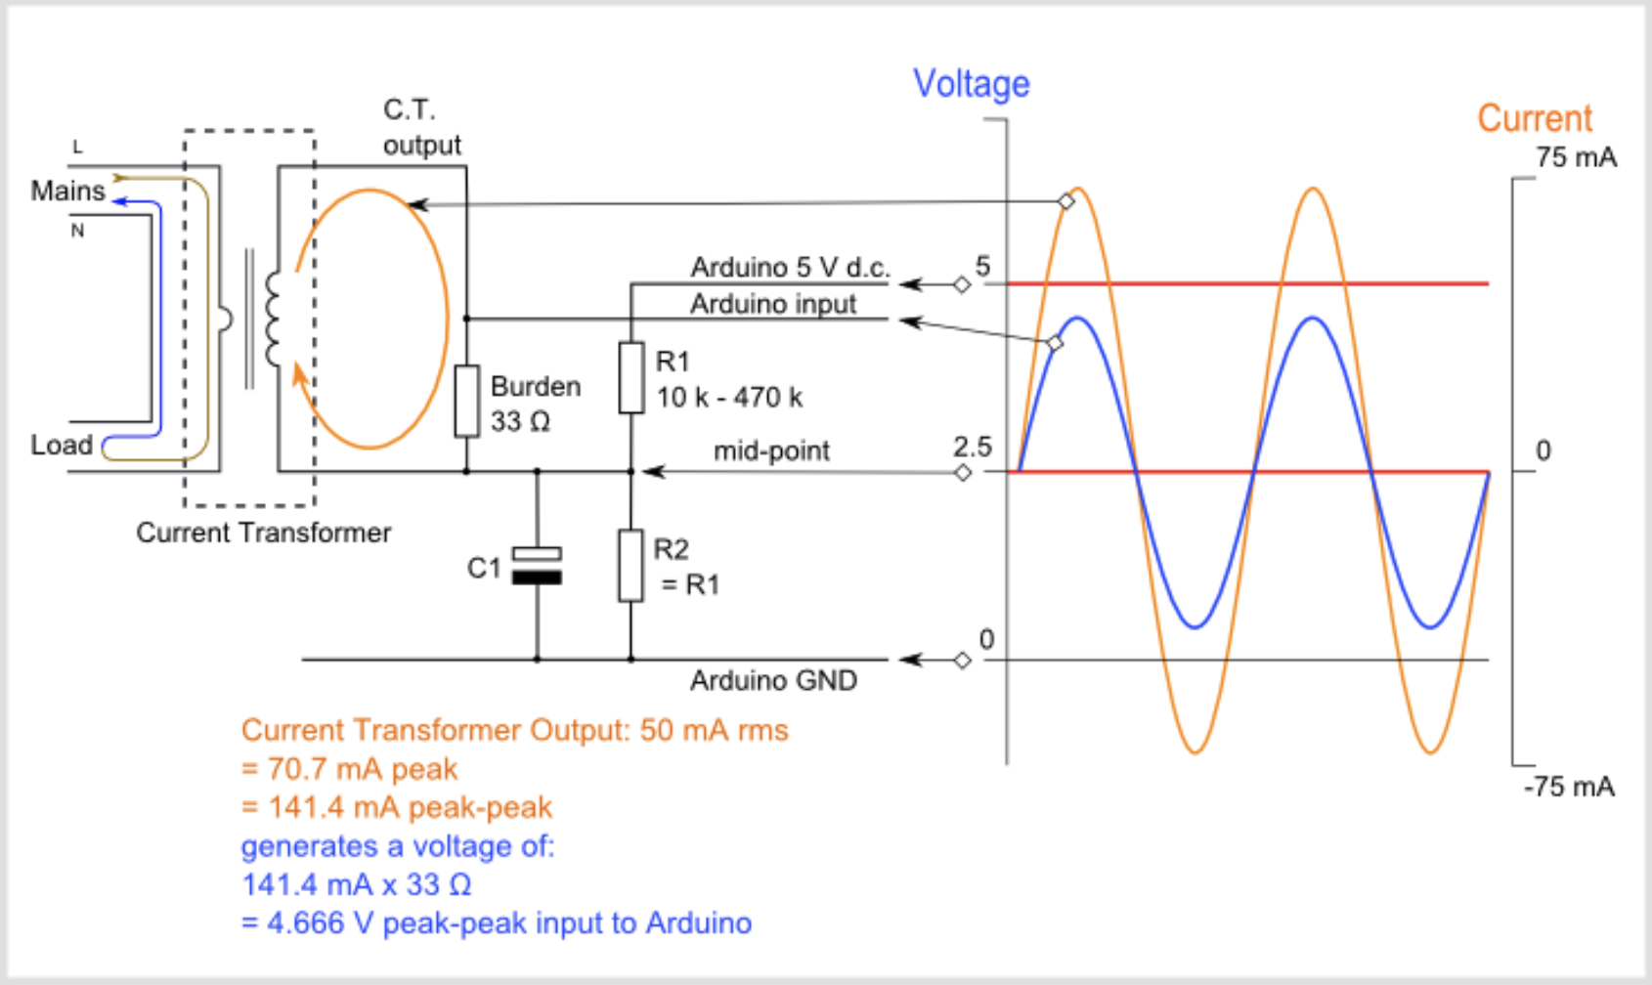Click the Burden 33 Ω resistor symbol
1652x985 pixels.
point(466,401)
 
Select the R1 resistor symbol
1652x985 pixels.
point(631,377)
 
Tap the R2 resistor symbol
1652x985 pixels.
point(631,565)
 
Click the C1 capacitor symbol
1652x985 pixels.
point(537,566)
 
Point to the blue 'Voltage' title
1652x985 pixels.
point(971,84)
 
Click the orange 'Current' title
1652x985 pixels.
point(1534,118)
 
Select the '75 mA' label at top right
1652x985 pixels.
point(1575,157)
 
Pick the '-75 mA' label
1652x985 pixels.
point(1569,787)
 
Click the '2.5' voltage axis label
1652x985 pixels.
point(972,447)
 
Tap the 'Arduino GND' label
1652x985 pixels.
point(773,680)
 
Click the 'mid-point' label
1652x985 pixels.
point(771,450)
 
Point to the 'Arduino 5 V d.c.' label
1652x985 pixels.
point(790,267)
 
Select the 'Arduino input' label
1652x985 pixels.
point(773,304)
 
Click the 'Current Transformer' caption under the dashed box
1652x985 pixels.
point(263,533)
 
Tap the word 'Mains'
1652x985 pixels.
point(67,191)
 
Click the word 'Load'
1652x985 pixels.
point(62,445)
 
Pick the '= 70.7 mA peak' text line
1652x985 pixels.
point(349,769)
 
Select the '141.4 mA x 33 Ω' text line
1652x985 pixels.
point(356,884)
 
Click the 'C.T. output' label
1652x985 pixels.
point(420,127)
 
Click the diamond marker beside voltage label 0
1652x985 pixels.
point(962,661)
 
